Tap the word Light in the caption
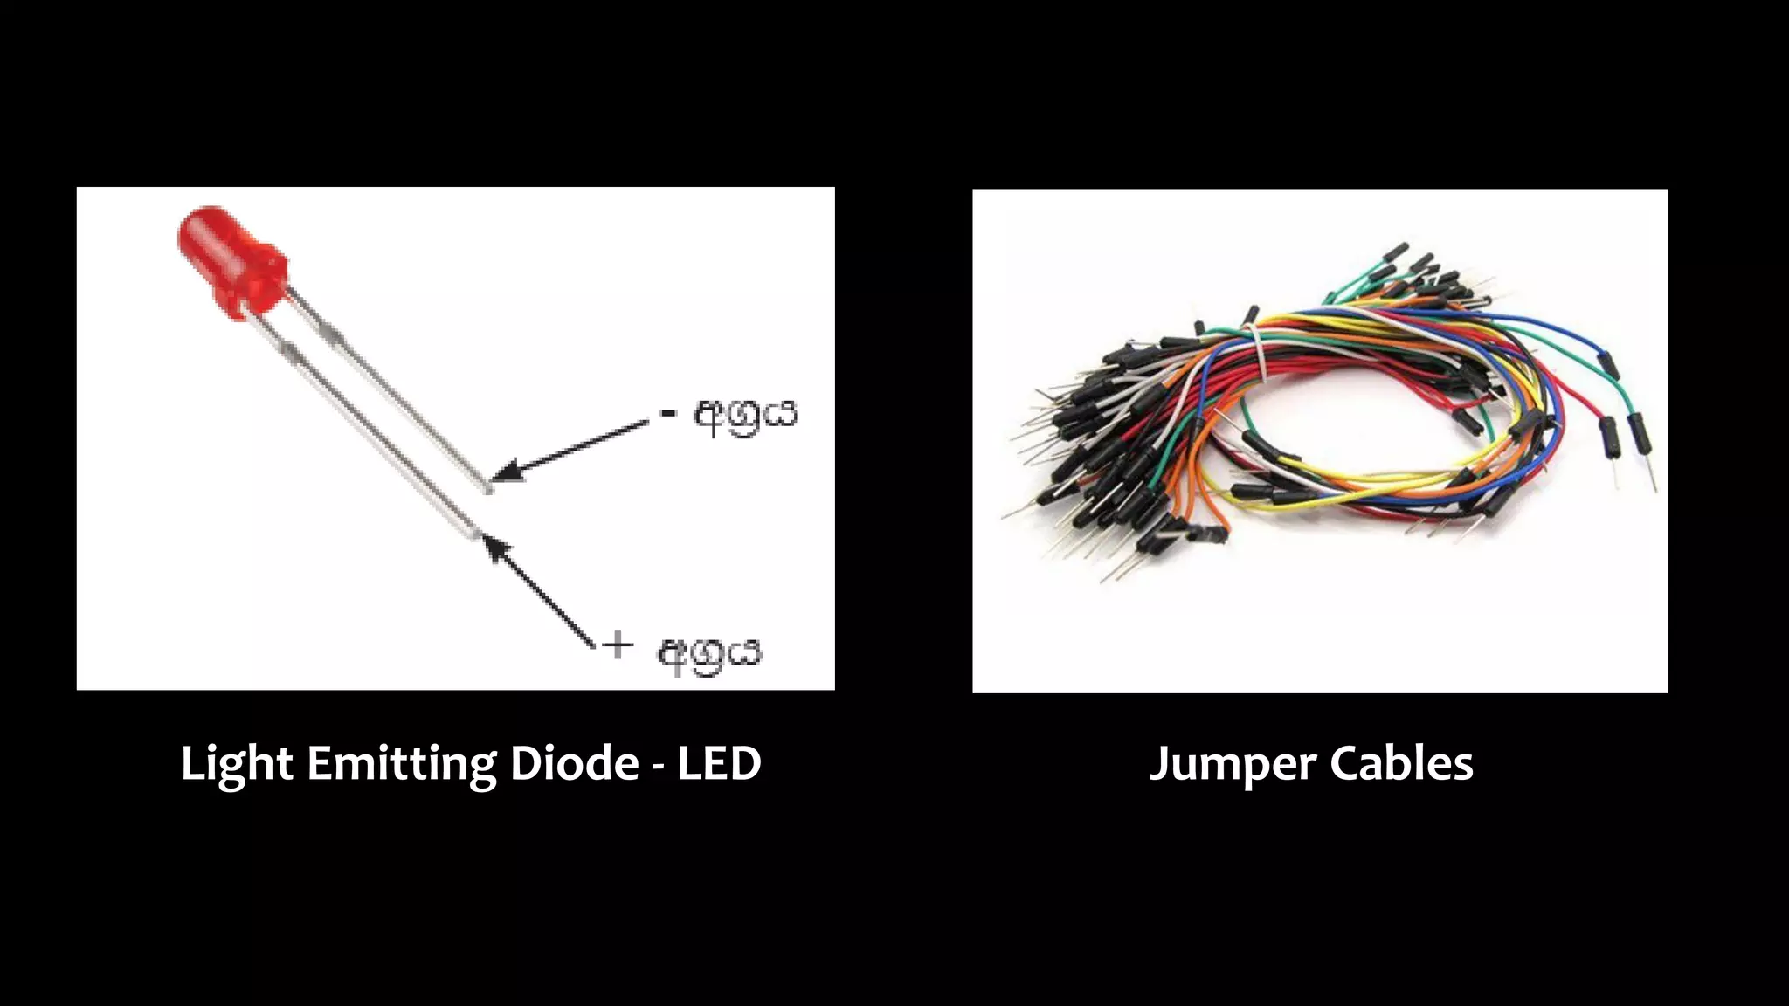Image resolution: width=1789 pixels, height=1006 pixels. coord(236,764)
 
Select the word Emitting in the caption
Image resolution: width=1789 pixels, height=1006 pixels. coord(401,764)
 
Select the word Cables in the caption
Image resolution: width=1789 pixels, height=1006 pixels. coord(1402,762)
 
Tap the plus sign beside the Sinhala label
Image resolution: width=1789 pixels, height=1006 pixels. coord(618,646)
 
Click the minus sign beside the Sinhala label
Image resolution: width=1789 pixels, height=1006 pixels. coord(668,411)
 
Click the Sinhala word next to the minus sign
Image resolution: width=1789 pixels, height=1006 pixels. coord(745,417)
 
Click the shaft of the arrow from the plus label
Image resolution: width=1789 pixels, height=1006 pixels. coord(546,598)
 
